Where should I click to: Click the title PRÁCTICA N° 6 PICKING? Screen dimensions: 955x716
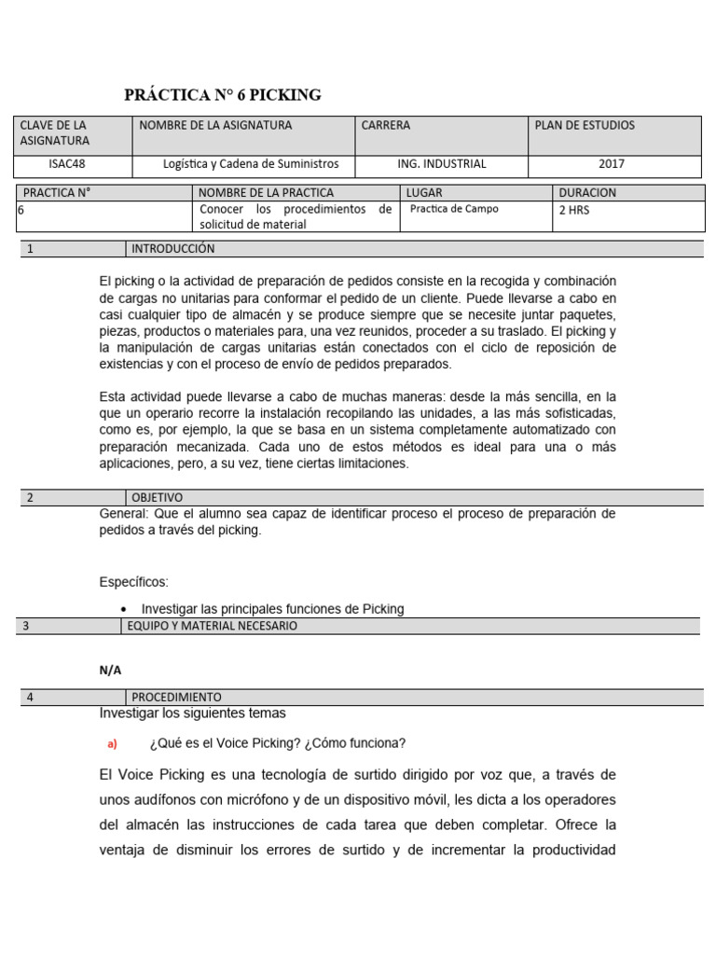point(223,95)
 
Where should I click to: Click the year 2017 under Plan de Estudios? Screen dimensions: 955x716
point(612,164)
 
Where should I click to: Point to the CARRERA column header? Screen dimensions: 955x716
point(385,125)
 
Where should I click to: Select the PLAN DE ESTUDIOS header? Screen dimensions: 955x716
point(585,125)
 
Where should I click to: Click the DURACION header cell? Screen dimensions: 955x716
point(587,193)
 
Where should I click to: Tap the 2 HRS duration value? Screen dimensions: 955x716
point(574,210)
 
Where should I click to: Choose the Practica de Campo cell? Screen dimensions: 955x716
point(454,209)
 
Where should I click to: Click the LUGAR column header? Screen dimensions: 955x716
point(424,193)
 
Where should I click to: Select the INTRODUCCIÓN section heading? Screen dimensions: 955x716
point(172,249)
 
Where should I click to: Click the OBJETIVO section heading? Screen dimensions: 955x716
point(157,497)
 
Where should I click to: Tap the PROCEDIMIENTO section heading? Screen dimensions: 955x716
point(176,697)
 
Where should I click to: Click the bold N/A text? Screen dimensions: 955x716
point(110,670)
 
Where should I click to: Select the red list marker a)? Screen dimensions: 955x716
point(113,743)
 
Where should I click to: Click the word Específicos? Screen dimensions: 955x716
point(133,582)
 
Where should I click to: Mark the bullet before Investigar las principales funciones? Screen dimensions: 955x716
point(124,609)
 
